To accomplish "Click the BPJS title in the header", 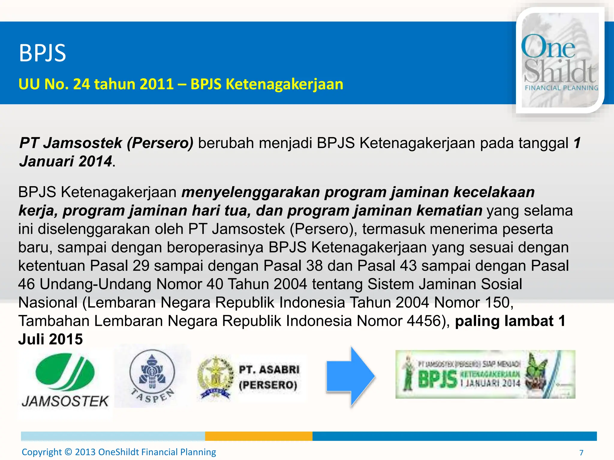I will click(x=42, y=53).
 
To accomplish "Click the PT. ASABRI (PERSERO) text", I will click(x=269, y=377).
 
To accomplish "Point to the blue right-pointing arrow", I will click(x=351, y=376).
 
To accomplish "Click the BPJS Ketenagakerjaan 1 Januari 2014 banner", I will click(x=485, y=374).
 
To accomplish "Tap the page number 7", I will click(x=581, y=453).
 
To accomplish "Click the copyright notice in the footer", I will click(x=119, y=452).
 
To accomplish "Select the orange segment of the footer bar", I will click(x=258, y=436).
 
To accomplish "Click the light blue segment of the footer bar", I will click(x=113, y=436).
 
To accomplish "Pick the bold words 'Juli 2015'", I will click(x=50, y=339).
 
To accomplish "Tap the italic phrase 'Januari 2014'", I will click(x=66, y=161).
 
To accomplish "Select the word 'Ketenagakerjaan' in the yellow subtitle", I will click(x=284, y=84).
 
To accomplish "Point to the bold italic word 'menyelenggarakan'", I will click(x=251, y=192).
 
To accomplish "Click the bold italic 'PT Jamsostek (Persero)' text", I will click(x=106, y=143).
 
